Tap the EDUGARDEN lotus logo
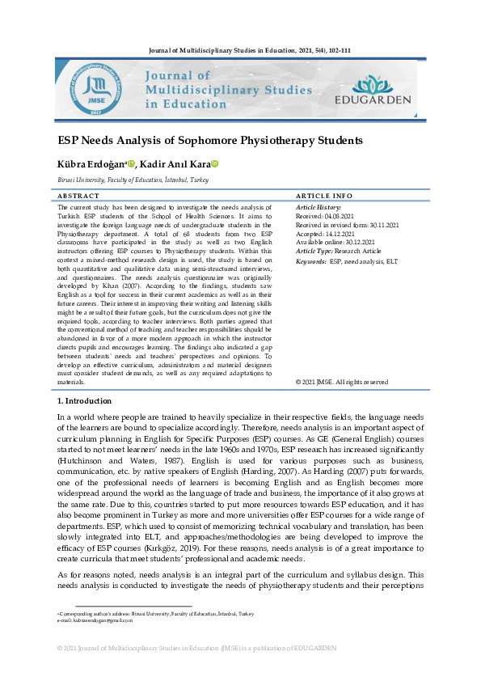click(373, 85)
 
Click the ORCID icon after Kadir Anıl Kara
click(215, 164)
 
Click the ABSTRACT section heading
click(79, 197)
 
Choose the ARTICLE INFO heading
click(324, 197)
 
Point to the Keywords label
click(311, 261)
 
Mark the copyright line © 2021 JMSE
click(341, 382)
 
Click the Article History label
click(319, 208)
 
